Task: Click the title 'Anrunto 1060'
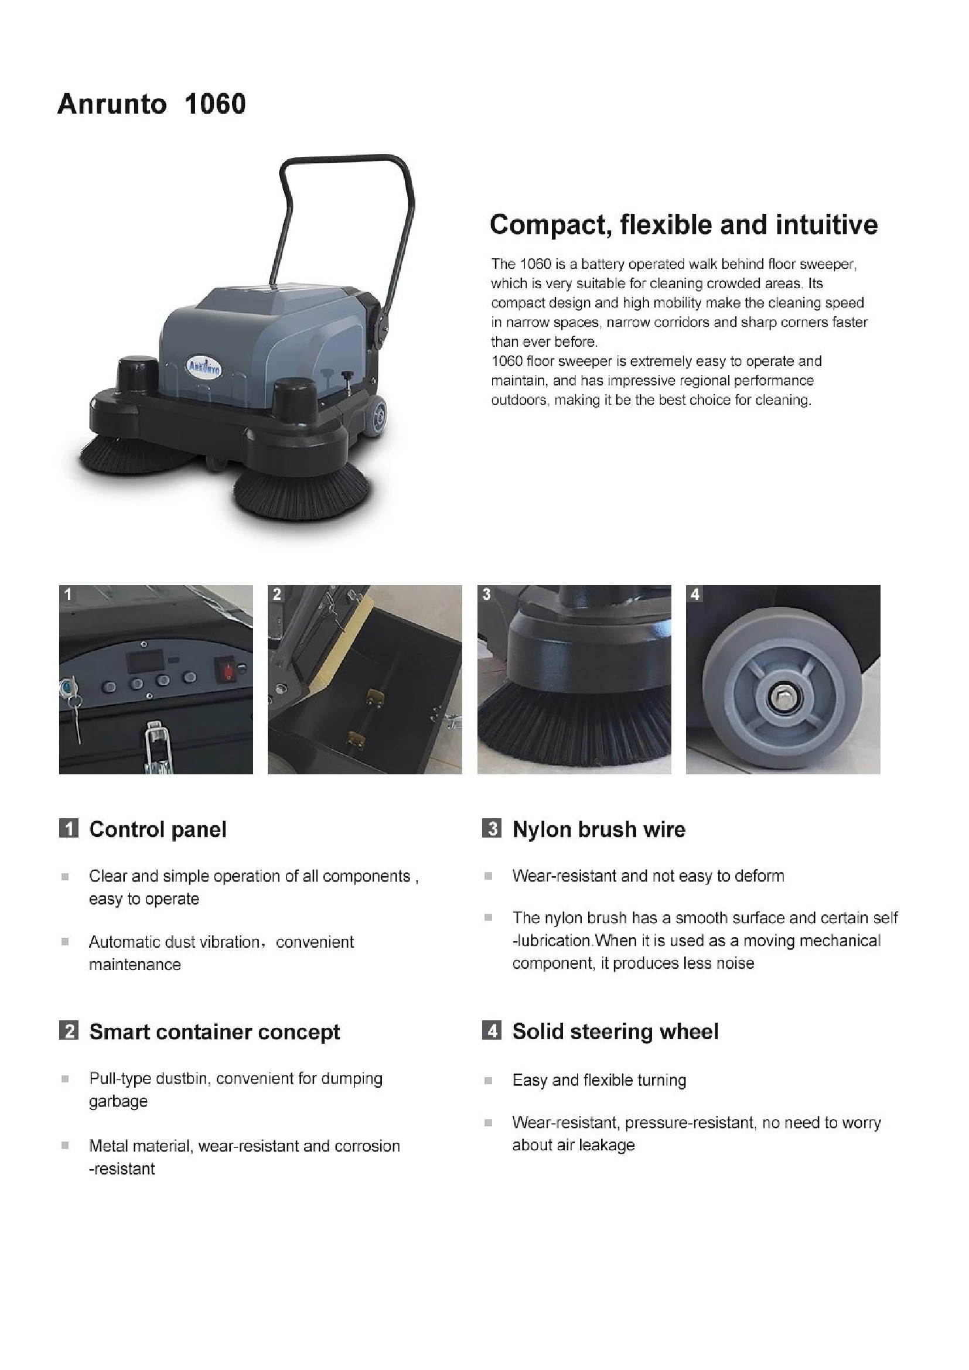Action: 151,104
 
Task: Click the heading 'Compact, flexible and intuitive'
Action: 683,225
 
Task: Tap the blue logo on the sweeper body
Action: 204,366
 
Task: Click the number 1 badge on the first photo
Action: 68,595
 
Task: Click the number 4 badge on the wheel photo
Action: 695,595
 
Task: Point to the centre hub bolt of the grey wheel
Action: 780,697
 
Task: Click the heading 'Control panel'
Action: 158,829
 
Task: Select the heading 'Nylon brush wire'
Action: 599,829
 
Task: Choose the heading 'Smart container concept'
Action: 214,1031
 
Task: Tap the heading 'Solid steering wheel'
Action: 615,1031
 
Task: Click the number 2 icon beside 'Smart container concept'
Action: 69,1030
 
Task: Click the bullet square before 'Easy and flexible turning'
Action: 488,1080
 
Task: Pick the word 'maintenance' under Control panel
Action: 135,965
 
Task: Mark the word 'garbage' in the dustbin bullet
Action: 118,1102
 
